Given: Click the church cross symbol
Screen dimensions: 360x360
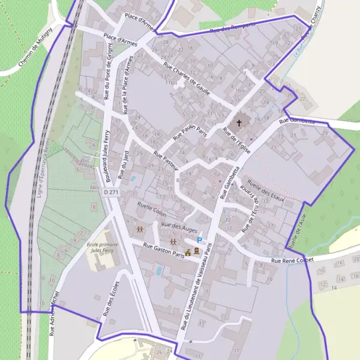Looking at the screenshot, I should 239,123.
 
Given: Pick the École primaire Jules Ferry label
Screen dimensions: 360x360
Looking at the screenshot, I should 102,248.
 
